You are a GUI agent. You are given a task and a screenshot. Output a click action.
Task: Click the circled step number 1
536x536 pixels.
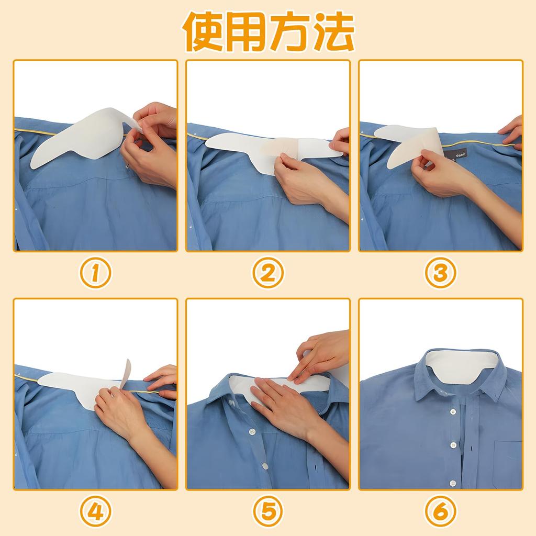[95, 272]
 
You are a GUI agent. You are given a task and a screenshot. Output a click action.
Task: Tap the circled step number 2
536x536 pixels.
[268, 272]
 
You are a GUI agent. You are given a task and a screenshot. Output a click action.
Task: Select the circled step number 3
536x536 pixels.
[440, 272]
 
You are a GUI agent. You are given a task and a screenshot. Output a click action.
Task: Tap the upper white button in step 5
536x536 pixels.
[252, 431]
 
